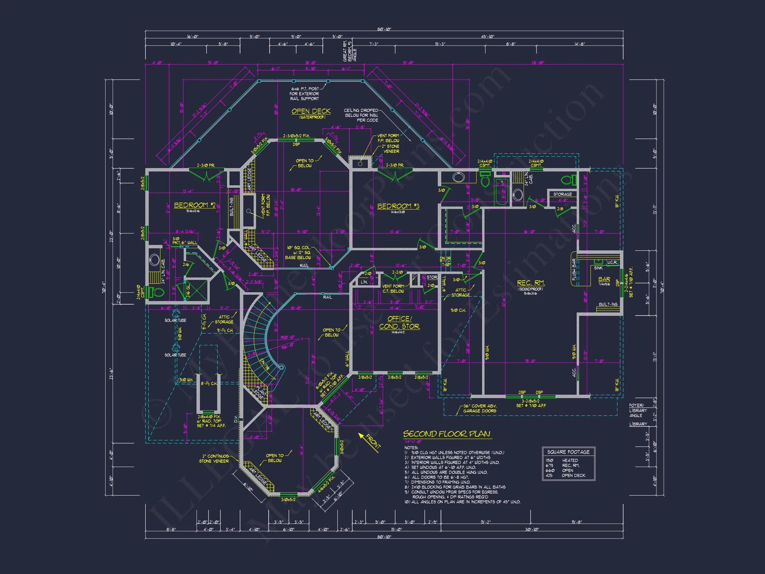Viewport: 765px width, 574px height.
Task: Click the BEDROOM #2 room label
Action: click(194, 205)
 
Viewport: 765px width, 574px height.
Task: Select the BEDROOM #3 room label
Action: click(398, 206)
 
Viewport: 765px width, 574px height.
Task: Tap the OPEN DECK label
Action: click(310, 111)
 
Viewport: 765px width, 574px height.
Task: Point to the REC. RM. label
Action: click(531, 283)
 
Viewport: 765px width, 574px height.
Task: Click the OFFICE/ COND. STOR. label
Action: click(399, 323)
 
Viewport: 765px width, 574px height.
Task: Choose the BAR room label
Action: click(604, 279)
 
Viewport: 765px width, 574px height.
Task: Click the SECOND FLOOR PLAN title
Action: click(447, 434)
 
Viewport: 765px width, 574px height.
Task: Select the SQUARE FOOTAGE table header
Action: click(568, 452)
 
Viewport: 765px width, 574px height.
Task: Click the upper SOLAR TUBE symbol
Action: click(176, 314)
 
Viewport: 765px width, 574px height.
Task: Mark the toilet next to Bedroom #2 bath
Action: click(156, 292)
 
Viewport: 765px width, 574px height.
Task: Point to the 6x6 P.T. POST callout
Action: click(304, 94)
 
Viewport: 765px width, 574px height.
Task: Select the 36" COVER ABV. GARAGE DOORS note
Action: click(480, 408)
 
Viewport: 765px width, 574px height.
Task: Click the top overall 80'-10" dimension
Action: click(384, 30)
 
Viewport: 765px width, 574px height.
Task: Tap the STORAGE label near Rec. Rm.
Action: click(562, 194)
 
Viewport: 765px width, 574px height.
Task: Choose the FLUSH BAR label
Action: click(574, 269)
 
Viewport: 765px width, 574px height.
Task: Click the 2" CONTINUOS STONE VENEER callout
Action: click(214, 458)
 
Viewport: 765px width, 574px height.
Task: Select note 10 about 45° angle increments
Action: click(462, 502)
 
